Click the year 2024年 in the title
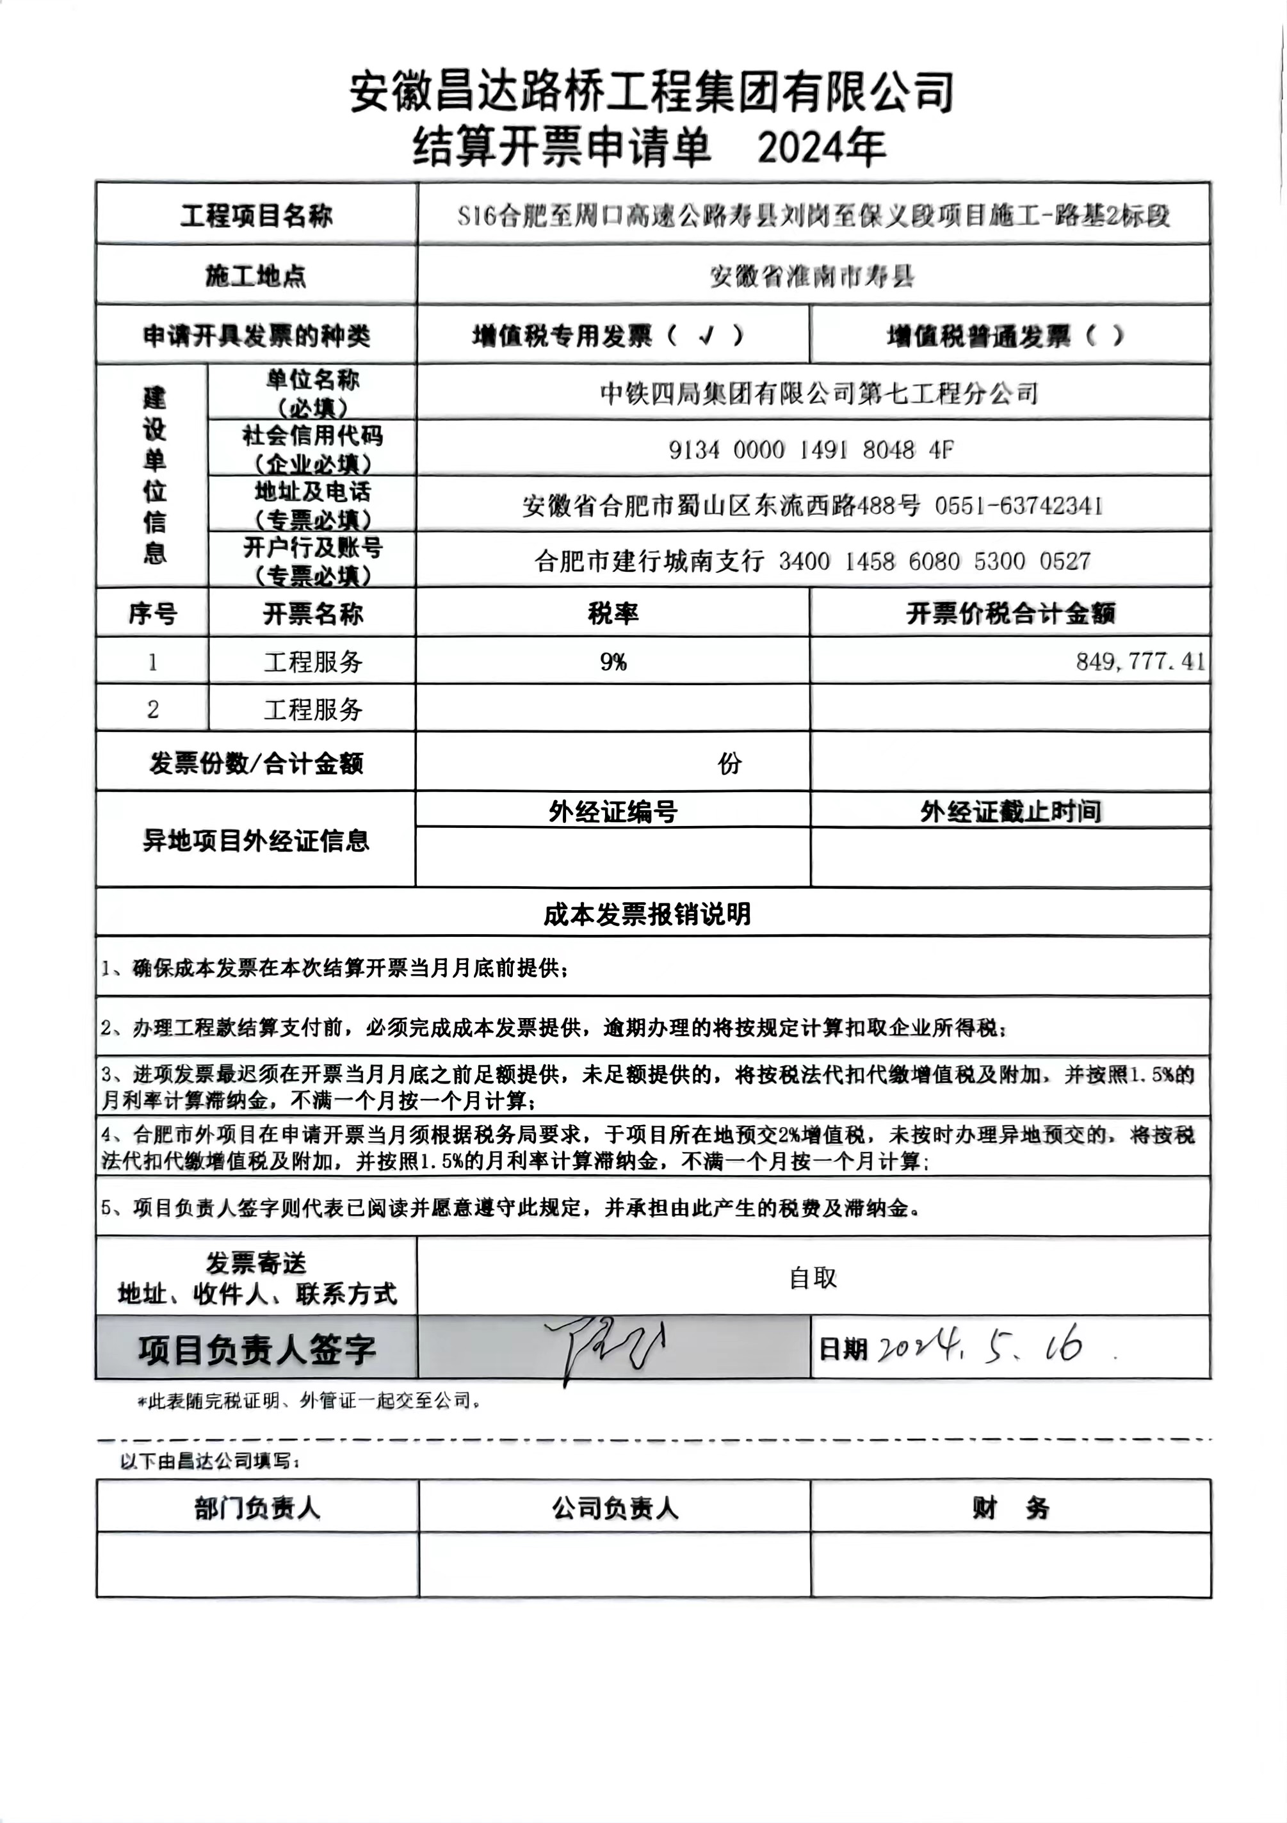822,148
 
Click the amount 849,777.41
1140,661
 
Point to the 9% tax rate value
613,661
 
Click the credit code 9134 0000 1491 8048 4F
811,450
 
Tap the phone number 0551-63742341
1018,506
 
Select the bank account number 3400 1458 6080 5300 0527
934,562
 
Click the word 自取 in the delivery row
812,1277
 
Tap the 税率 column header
613,613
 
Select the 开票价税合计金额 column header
1010,613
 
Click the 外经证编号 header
613,811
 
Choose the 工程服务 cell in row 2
313,709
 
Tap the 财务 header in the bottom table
1010,1508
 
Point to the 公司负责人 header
615,1508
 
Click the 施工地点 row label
255,275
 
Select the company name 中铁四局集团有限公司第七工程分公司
818,393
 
